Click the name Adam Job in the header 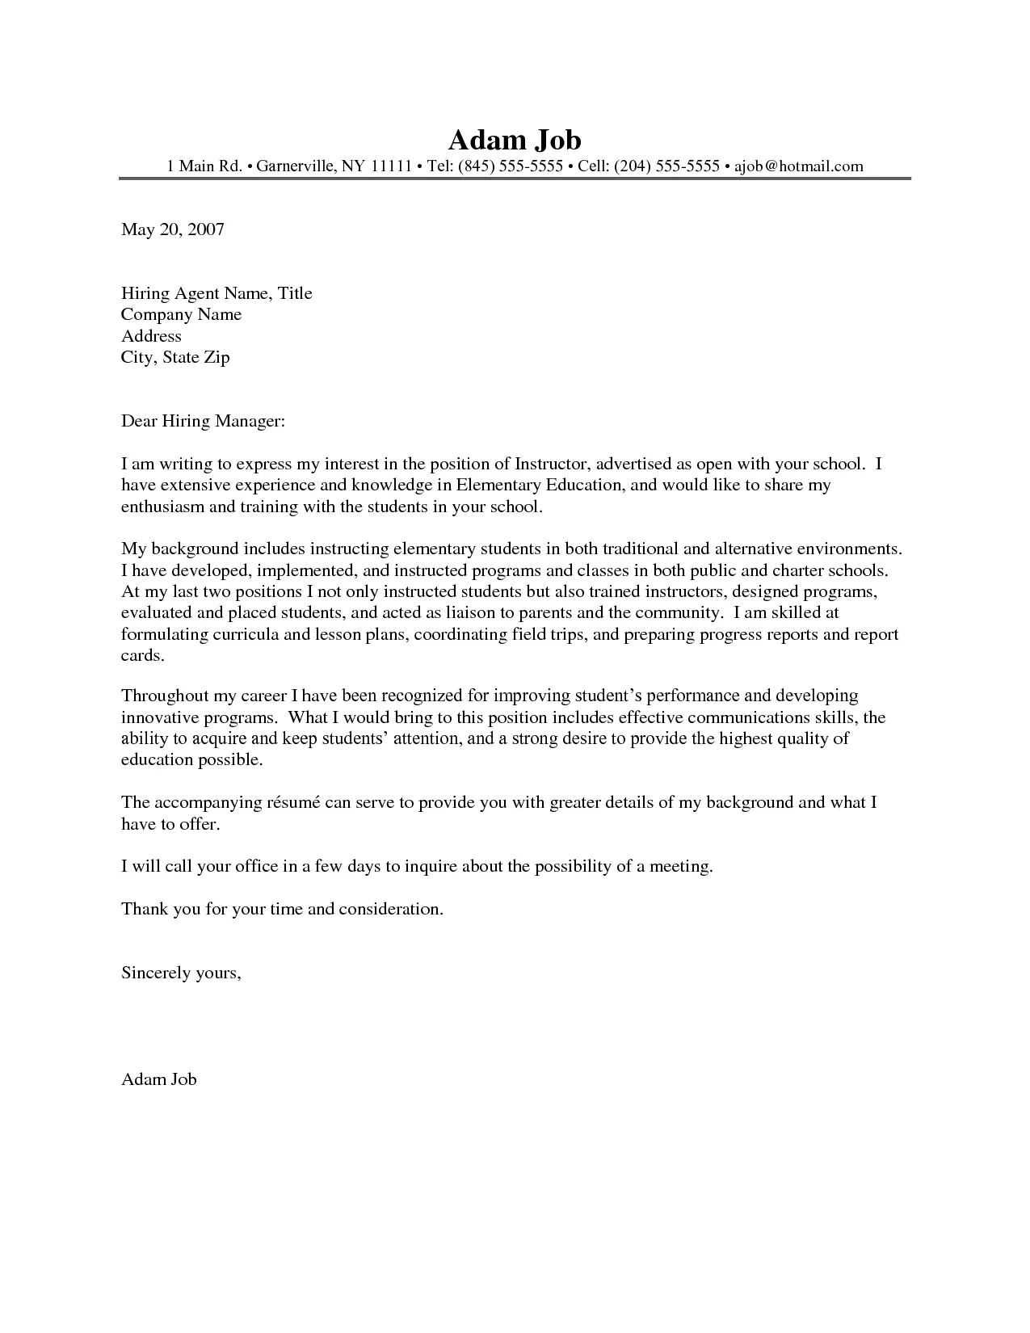[515, 139]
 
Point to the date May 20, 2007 [172, 229]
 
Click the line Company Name [181, 314]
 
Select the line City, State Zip [175, 357]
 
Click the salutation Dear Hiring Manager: [203, 421]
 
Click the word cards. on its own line [142, 655]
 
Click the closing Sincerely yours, [181, 973]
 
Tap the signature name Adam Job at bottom [158, 1079]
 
